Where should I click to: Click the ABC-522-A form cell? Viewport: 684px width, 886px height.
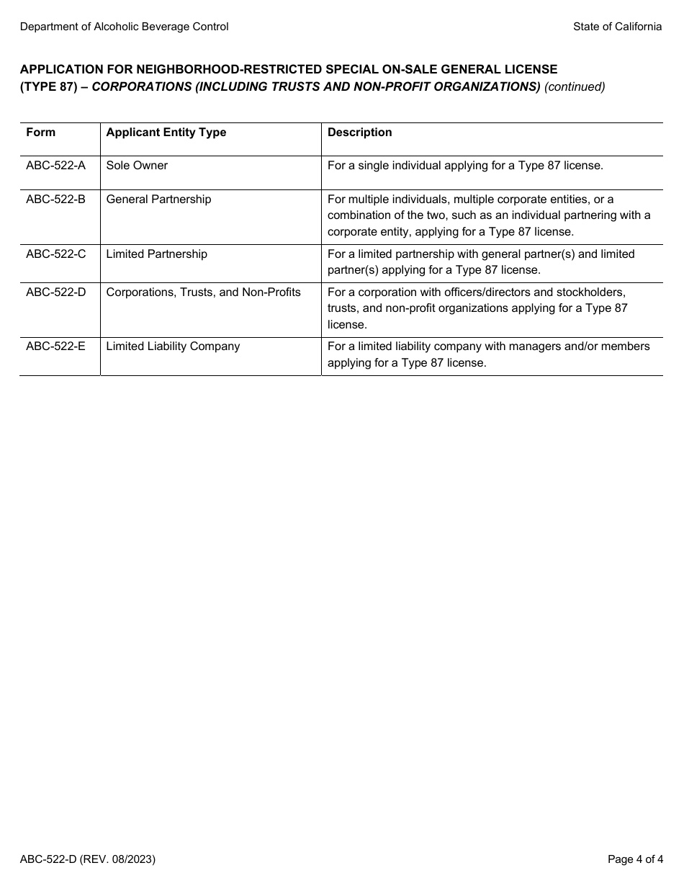click(x=55, y=166)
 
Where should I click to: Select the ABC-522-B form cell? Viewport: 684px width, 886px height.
click(x=55, y=200)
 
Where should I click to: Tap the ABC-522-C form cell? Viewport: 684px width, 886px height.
click(x=55, y=254)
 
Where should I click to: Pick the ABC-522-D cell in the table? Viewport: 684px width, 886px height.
click(x=55, y=292)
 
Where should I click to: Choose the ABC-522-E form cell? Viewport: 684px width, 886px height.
click(x=55, y=346)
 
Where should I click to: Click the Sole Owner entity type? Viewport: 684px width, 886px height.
click(x=137, y=166)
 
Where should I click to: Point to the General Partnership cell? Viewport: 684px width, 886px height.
click(x=158, y=200)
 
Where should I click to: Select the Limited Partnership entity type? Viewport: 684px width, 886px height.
click(x=156, y=254)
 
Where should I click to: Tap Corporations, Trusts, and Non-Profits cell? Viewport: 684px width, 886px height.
click(x=203, y=292)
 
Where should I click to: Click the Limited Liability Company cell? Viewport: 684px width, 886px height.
click(x=173, y=346)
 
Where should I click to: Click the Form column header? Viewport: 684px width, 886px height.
click(x=40, y=133)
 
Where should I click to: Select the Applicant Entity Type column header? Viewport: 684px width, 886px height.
click(x=166, y=133)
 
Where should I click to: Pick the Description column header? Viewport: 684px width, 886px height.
click(x=359, y=133)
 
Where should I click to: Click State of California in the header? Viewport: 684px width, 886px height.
click(x=617, y=27)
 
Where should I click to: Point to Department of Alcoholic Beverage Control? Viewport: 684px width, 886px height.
click(x=124, y=27)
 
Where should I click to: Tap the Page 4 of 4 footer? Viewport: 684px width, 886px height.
click(x=635, y=859)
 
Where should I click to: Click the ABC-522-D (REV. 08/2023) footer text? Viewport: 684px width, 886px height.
click(x=87, y=859)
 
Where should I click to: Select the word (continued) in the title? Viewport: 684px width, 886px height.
click(x=575, y=87)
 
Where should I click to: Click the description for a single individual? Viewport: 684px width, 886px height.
click(x=465, y=166)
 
